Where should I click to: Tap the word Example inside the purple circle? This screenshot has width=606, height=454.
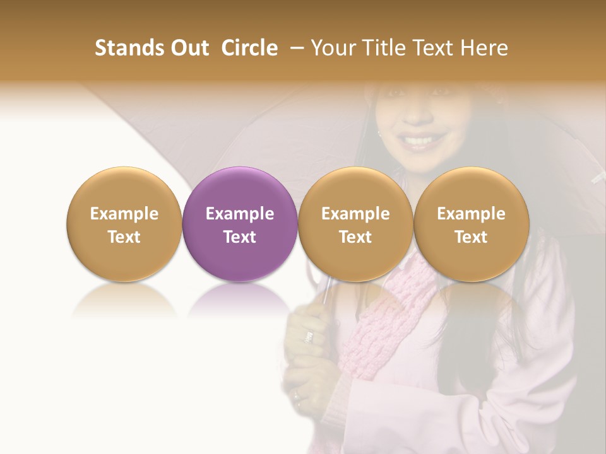coord(240,214)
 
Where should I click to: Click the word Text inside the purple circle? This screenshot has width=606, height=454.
coord(240,237)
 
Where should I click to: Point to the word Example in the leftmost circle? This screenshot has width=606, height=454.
coord(124,214)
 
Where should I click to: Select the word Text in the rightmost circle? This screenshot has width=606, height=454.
coord(472,237)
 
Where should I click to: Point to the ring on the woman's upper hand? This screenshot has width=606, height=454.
coord(309,337)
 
